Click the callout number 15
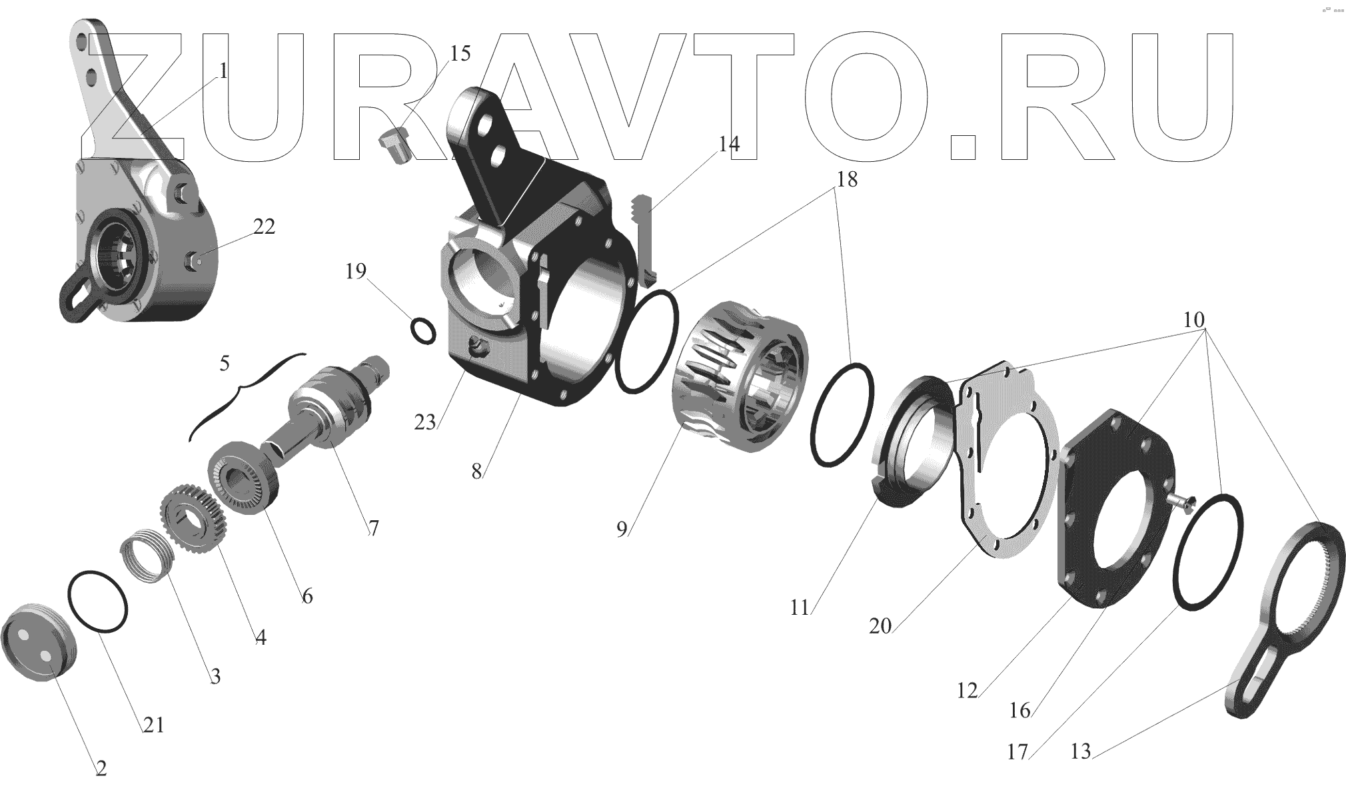click(x=460, y=53)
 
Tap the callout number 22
click(x=264, y=227)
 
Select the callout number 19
click(x=356, y=271)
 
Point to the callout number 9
click(x=622, y=530)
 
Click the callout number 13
click(x=1081, y=751)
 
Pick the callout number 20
click(x=880, y=626)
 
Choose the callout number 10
click(x=1194, y=320)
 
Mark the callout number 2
click(x=101, y=769)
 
